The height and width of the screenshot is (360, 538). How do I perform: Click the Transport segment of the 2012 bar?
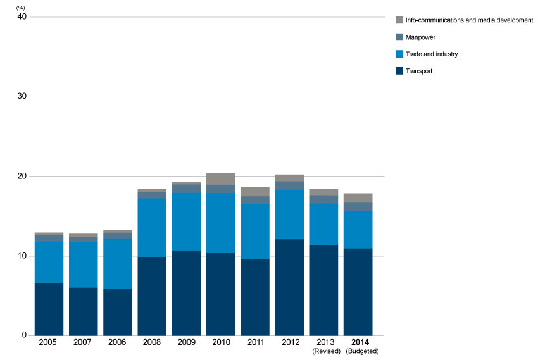[x=289, y=287]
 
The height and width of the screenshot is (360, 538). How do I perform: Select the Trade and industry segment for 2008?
[x=152, y=228]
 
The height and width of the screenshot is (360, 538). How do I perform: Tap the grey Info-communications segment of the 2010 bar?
[x=221, y=179]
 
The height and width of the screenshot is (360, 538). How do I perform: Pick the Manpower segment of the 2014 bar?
[x=358, y=207]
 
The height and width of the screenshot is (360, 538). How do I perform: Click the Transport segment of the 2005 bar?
[x=49, y=309]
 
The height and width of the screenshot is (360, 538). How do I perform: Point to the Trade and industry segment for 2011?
[x=255, y=232]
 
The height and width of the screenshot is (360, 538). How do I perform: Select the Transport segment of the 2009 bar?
[x=186, y=293]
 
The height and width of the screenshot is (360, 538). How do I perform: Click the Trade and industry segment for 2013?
[x=323, y=225]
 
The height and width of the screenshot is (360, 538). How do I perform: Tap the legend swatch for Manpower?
[x=399, y=37]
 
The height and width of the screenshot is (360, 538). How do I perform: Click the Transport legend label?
[x=418, y=71]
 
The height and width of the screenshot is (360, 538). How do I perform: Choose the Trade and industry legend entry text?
[x=432, y=54]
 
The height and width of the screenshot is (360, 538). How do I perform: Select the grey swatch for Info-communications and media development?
[x=399, y=20]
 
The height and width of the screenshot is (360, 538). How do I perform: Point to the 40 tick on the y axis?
[x=22, y=16]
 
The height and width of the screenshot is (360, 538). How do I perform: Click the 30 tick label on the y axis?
[x=22, y=96]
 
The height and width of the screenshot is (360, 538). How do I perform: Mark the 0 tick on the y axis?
[x=24, y=335]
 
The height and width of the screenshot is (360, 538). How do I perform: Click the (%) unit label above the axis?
[x=21, y=8]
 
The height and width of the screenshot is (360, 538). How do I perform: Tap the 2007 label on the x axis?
[x=82, y=342]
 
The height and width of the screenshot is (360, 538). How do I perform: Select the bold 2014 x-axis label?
[x=360, y=342]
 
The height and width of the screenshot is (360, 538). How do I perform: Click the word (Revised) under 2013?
[x=327, y=351]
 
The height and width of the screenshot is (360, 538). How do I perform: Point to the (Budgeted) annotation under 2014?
[x=362, y=351]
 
